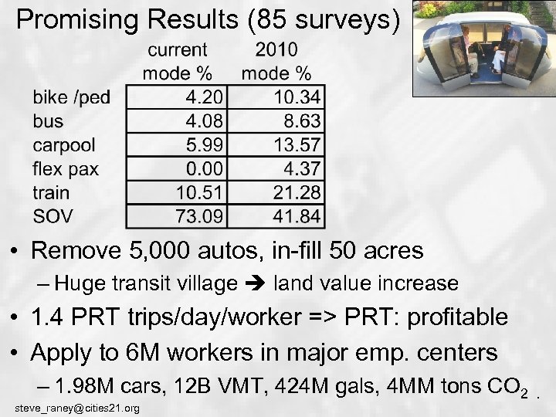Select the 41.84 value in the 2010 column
[x=297, y=216]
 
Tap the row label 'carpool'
[x=65, y=145]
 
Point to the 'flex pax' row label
[x=65, y=169]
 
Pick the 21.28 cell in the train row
[x=297, y=192]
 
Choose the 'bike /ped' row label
[x=70, y=97]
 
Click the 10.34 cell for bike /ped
[x=297, y=97]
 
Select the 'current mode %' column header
[x=178, y=62]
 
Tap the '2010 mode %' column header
[x=276, y=62]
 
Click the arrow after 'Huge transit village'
[x=255, y=284]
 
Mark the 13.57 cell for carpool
[x=297, y=145]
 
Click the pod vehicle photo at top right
[x=483, y=48]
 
